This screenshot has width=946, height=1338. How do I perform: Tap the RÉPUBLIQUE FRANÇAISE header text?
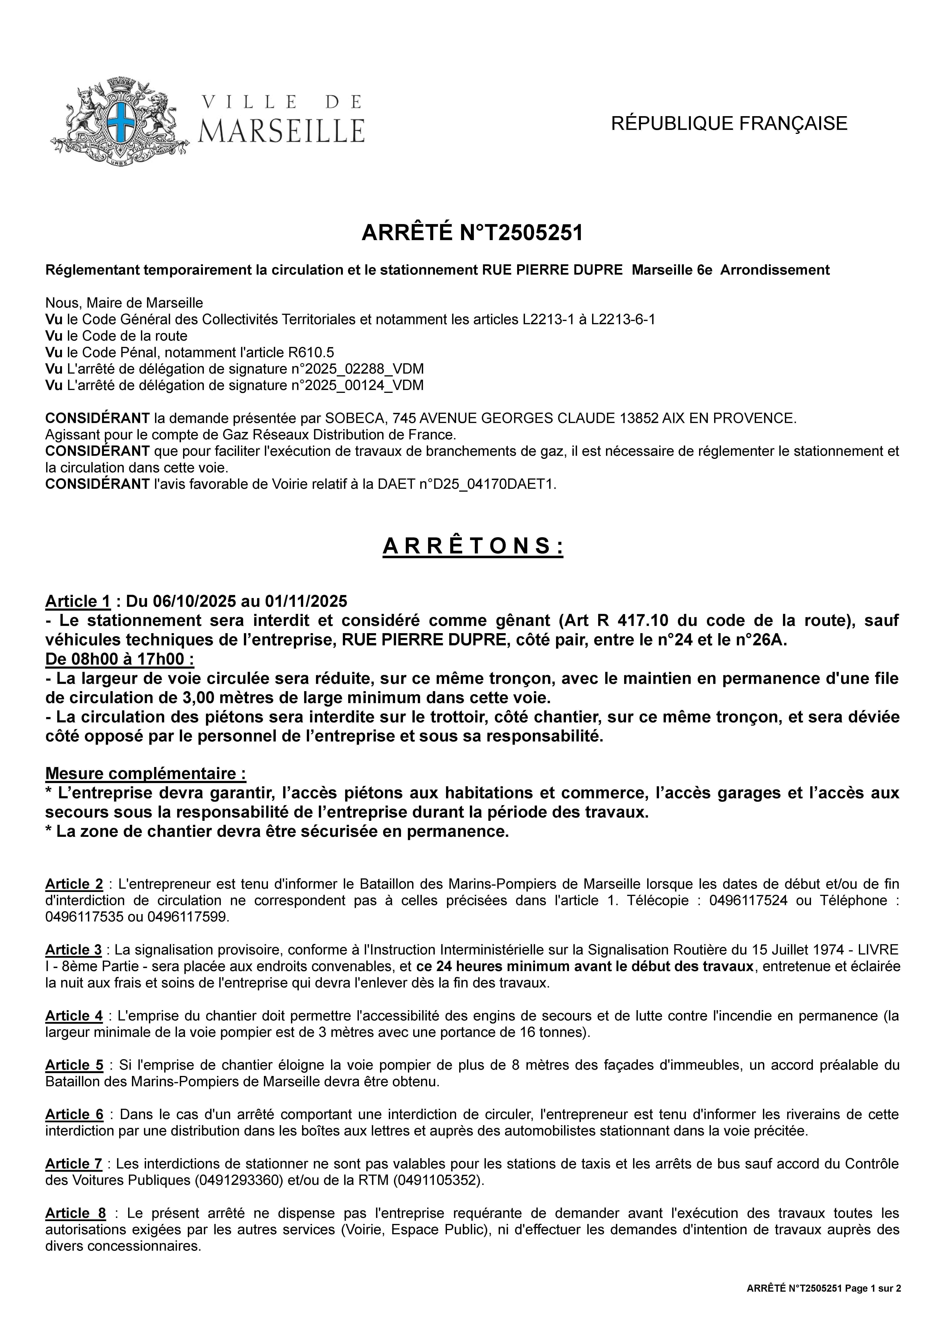729,124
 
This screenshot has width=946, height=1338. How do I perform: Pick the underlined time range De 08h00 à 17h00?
120,659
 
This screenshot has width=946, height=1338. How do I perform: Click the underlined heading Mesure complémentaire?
145,774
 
